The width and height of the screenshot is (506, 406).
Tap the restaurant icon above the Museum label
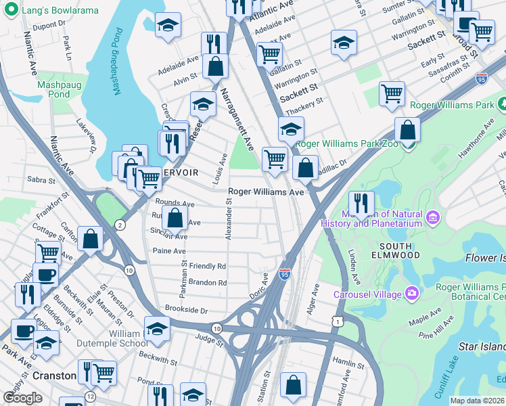tap(361, 202)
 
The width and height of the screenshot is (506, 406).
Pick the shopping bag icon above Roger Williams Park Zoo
tap(407, 129)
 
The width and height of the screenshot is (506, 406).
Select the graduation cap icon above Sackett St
tap(344, 42)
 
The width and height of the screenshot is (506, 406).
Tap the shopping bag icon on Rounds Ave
tap(175, 218)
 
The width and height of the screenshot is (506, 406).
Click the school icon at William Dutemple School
tap(157, 329)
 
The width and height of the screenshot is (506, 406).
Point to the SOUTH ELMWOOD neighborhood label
tap(400, 250)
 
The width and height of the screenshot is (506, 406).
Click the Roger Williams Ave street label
tap(266, 192)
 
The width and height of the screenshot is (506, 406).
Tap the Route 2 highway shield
tap(120, 225)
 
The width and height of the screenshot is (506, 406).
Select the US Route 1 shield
tap(336, 322)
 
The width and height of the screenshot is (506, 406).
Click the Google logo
tap(22, 398)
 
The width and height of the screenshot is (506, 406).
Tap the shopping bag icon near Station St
tap(294, 385)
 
